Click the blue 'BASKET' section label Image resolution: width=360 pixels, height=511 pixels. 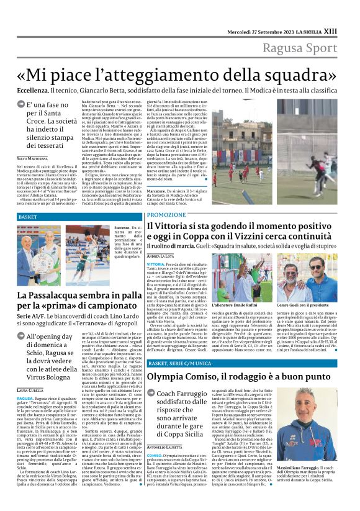point(28,217)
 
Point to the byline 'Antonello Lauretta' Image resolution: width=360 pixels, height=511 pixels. point(163,448)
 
